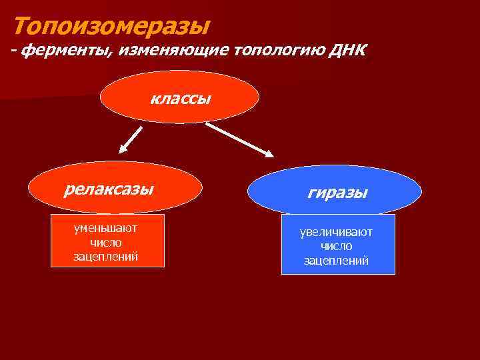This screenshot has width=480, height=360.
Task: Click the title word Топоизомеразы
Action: pyautogui.click(x=111, y=26)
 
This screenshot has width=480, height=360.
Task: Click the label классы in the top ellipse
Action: pyautogui.click(x=180, y=99)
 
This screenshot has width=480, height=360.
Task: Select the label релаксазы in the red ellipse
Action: pyautogui.click(x=109, y=189)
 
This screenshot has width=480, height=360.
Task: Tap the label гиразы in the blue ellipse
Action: pyautogui.click(x=337, y=193)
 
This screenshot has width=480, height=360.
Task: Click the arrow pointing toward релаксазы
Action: pyautogui.click(x=131, y=140)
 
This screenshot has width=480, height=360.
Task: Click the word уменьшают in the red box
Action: pyautogui.click(x=106, y=228)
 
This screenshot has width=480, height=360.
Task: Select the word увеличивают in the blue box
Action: pyautogui.click(x=337, y=232)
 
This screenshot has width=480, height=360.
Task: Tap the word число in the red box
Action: pyautogui.click(x=106, y=242)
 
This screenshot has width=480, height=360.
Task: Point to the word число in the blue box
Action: pyautogui.click(x=337, y=246)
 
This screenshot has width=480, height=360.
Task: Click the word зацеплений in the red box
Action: pyautogui.click(x=106, y=256)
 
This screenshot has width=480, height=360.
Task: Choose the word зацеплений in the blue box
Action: pyautogui.click(x=337, y=261)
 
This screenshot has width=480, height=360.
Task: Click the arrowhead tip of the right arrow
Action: pyautogui.click(x=272, y=156)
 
